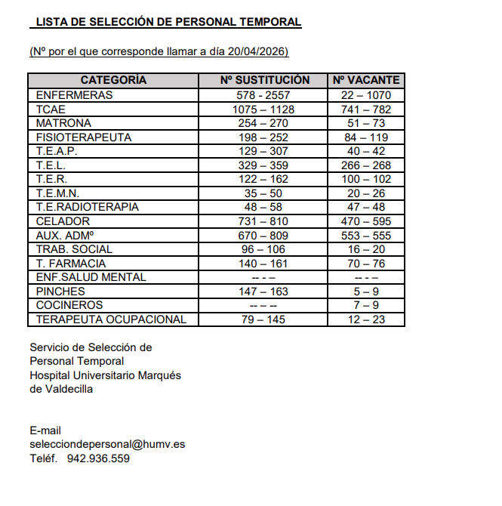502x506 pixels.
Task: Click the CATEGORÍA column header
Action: tap(113, 80)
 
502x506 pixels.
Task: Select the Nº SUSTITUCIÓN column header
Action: tap(264, 80)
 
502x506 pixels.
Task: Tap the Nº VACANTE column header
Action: tap(366, 80)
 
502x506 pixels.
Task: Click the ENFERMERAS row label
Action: tap(74, 95)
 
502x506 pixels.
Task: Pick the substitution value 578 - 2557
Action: tap(263, 95)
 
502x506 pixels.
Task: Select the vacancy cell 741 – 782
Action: tap(366, 110)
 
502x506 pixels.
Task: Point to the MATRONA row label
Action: tap(63, 123)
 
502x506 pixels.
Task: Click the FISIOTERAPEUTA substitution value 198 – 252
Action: tap(263, 137)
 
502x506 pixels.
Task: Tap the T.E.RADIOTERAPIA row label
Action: tap(88, 207)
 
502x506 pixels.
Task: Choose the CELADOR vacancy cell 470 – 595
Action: tap(366, 221)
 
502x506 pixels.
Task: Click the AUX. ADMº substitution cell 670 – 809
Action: tap(263, 235)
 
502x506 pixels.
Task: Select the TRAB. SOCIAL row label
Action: tap(74, 249)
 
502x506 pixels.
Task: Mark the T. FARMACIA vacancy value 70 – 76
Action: tap(366, 263)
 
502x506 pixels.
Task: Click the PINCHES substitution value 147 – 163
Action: tap(263, 292)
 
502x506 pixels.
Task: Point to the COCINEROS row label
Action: tap(69, 305)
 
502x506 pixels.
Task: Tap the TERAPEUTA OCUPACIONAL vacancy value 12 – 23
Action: tap(366, 319)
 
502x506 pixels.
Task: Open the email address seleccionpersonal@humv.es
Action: tap(107, 444)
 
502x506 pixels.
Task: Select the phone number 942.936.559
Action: tap(98, 458)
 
